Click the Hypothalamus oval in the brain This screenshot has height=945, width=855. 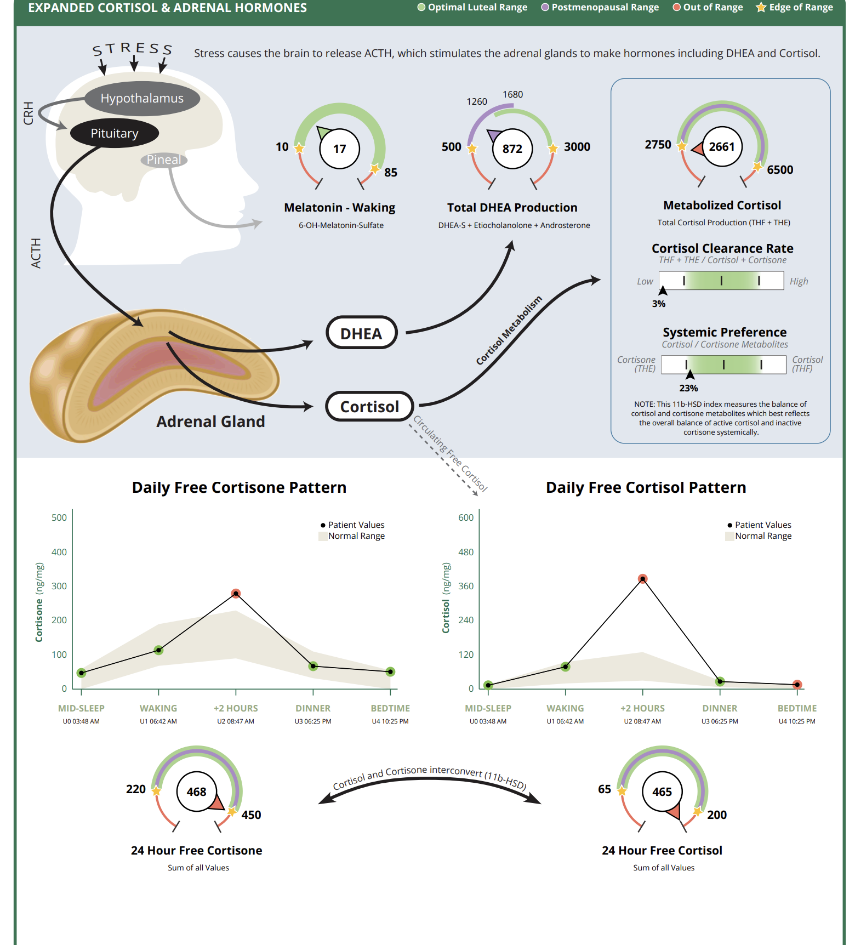(142, 99)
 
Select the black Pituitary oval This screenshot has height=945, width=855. (115, 133)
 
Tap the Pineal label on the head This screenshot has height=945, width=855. (164, 160)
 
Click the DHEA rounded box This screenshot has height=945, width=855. (361, 333)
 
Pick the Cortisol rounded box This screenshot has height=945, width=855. (369, 407)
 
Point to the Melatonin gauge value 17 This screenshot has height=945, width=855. (340, 149)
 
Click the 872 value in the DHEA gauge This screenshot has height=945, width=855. (512, 149)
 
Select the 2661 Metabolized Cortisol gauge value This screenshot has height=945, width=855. (721, 147)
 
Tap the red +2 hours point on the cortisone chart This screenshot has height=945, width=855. (236, 594)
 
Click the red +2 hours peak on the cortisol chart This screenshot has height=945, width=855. (643, 579)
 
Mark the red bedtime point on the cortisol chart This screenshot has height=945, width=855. (797, 685)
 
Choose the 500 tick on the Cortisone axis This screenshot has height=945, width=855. (59, 518)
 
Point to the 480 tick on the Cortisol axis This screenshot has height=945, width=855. (466, 552)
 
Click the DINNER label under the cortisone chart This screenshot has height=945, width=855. (313, 708)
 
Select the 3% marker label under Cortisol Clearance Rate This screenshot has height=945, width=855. (659, 304)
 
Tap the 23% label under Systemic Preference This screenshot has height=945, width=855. (688, 388)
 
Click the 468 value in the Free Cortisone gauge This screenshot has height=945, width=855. (196, 792)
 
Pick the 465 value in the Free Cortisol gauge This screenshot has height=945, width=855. (662, 792)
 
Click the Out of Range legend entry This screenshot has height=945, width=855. (708, 8)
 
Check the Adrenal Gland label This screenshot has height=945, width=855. (210, 422)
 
